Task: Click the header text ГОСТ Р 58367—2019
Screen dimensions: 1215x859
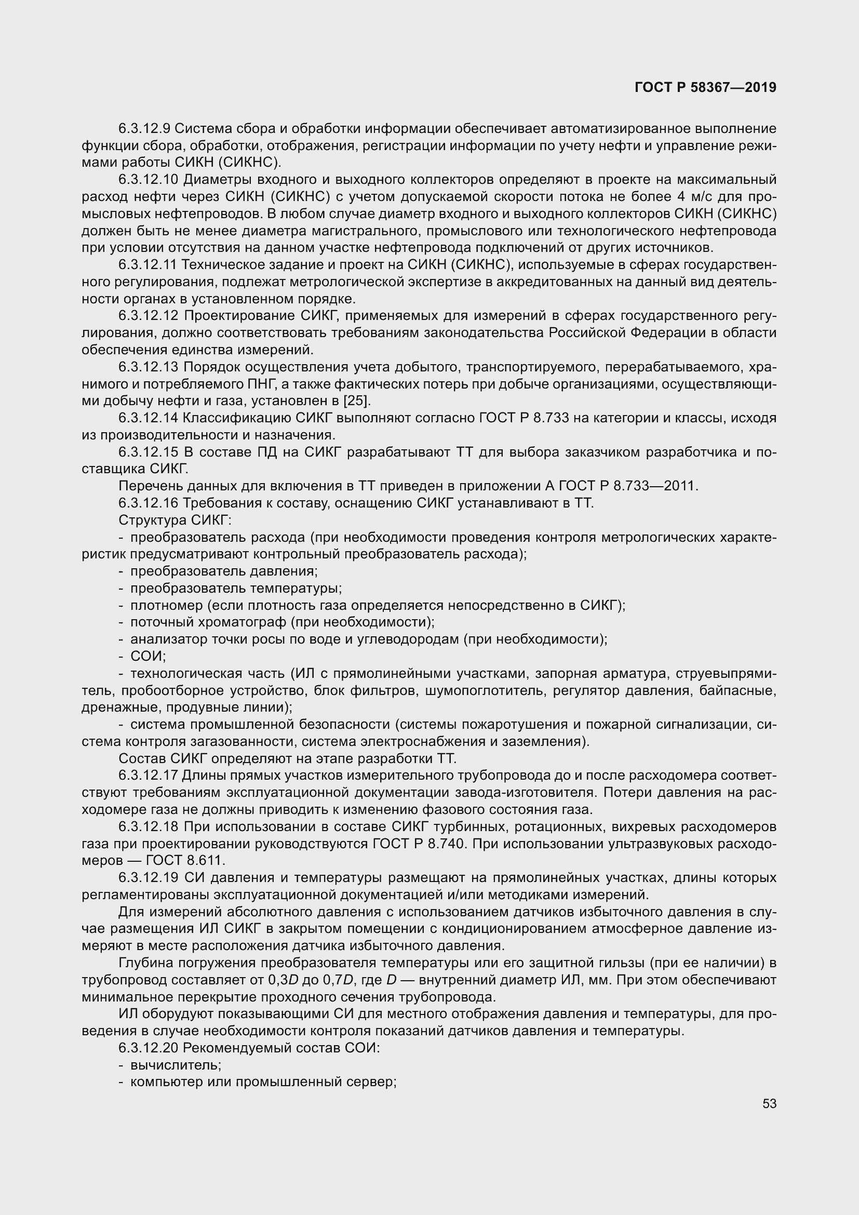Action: [x=705, y=87]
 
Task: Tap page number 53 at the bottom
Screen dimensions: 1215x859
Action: [x=769, y=1104]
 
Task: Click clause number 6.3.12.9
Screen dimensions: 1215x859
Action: [x=144, y=129]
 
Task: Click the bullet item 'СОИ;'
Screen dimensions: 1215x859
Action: [x=148, y=656]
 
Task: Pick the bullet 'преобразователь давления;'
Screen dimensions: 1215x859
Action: [x=224, y=571]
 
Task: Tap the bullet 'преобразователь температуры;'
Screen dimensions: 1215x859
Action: [x=236, y=588]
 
